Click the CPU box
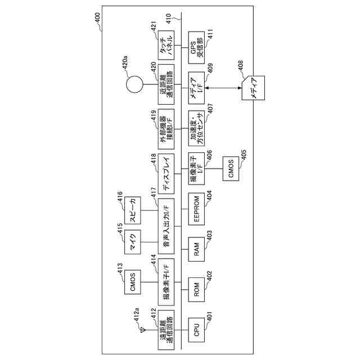tap(196, 330)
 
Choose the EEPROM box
tap(196, 209)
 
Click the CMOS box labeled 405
tap(233, 169)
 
